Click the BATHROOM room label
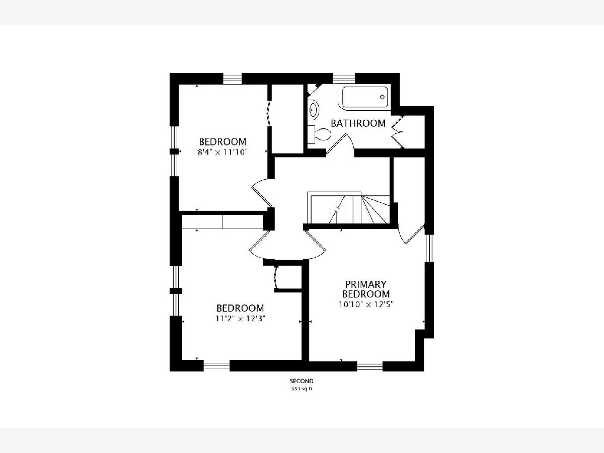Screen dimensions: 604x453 coord(358,123)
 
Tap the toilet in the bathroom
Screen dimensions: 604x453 coord(319,134)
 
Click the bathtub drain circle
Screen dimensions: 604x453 coord(382,97)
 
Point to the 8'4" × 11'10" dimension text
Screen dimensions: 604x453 coord(223,152)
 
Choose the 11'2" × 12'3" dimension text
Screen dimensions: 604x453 coord(240,319)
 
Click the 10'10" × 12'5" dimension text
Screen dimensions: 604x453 coord(366,304)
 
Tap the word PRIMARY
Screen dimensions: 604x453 coord(366,284)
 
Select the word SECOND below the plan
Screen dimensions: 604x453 coord(301,381)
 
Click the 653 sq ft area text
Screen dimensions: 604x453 coord(301,389)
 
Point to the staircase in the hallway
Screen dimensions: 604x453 coord(349,208)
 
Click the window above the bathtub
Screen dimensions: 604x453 coord(344,79)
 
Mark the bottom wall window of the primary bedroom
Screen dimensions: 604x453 coord(370,366)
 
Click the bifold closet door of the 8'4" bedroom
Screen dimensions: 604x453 coord(269,113)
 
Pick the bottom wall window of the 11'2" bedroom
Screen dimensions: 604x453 coord(216,366)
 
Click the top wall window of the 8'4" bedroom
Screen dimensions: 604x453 coord(232,79)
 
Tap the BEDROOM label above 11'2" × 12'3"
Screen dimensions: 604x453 coord(240,308)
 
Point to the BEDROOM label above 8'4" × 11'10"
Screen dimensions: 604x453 coord(222,141)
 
